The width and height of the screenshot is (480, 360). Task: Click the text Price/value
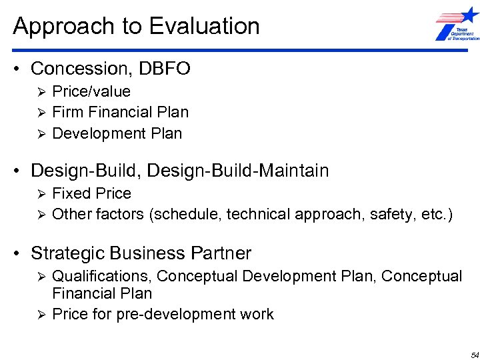91,91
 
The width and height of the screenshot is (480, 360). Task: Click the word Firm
67,112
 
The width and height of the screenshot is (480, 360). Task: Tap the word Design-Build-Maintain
238,171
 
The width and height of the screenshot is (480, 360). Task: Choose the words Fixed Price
91,193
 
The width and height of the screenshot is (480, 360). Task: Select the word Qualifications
101,276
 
